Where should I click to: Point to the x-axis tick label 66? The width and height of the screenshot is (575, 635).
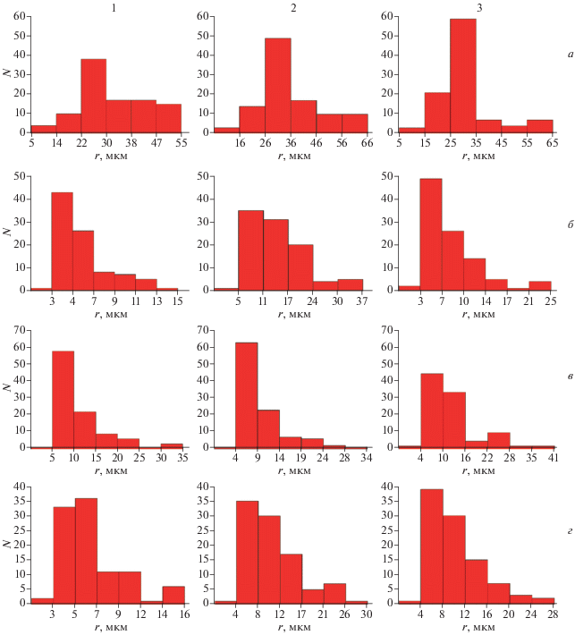click(368, 141)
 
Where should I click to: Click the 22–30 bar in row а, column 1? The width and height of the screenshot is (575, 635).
click(94, 96)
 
